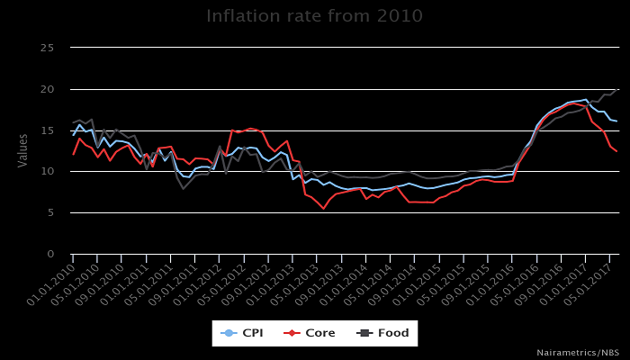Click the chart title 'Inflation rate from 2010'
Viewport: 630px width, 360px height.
click(x=315, y=16)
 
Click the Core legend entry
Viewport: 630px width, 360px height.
click(x=310, y=333)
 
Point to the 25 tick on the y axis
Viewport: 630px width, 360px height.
click(x=51, y=48)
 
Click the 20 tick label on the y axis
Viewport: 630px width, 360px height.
click(x=51, y=89)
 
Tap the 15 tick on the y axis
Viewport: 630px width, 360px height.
click(x=51, y=130)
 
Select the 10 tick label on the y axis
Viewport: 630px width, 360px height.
click(x=51, y=172)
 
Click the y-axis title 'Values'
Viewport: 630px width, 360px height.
click(x=23, y=150)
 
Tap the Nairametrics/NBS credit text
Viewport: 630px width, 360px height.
click(x=578, y=352)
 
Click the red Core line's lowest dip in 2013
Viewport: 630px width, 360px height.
click(x=324, y=209)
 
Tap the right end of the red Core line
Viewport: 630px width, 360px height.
click(x=616, y=151)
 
